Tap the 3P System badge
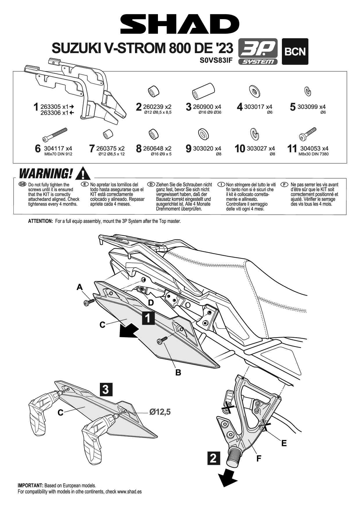point(258,51)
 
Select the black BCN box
point(295,51)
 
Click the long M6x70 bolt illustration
point(55,134)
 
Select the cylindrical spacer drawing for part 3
point(203,91)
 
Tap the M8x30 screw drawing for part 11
point(307,133)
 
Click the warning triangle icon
point(83,174)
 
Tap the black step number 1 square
point(148,318)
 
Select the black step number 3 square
point(106,389)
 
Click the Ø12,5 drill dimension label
point(160,412)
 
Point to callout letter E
point(284,443)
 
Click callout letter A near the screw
point(80,287)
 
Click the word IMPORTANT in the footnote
point(30,485)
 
